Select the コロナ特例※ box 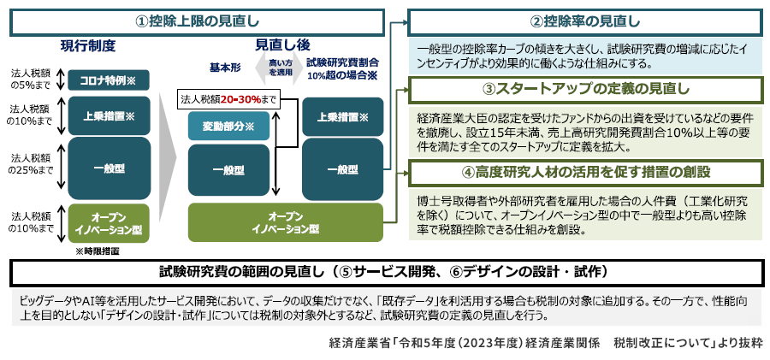pos(108,80)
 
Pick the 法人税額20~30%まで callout pos(229,100)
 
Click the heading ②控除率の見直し pos(584,21)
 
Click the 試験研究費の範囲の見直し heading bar pos(383,273)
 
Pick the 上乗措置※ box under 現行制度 pos(108,116)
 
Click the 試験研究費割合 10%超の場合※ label pos(342,68)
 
